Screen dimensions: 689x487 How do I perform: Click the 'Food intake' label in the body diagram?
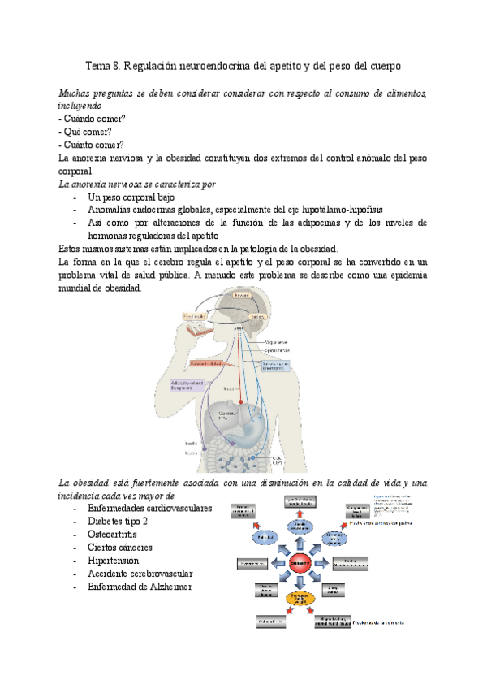[193, 316]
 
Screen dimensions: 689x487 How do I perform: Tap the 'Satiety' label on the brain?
[258, 315]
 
